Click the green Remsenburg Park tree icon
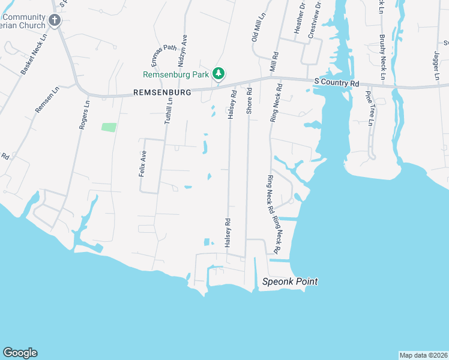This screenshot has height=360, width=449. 220,73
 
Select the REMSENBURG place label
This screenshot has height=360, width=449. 161,92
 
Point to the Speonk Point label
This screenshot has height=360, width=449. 290,281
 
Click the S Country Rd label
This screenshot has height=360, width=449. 337,82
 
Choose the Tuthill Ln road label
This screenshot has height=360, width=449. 169,112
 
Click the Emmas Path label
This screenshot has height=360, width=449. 163,55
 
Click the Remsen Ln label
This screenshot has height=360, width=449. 47,100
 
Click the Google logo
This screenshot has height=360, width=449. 20,353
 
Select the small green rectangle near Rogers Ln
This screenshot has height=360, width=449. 109,127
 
